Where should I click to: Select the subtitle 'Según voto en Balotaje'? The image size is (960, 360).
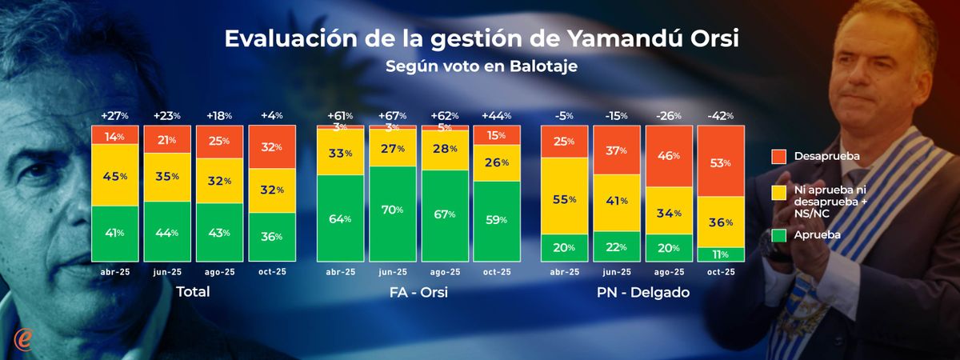tap(481, 66)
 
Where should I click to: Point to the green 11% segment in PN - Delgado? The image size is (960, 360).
tap(720, 254)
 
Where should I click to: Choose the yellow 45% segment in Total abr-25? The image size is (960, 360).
tap(115, 175)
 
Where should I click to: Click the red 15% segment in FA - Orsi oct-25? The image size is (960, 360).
tap(497, 136)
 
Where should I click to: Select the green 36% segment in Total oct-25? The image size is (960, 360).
tap(272, 237)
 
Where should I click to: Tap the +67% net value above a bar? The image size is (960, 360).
tap(392, 116)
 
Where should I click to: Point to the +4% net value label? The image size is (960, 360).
tap(272, 116)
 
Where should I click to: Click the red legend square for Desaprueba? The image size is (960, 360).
tap(779, 156)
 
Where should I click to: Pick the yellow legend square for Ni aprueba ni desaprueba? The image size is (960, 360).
tap(779, 191)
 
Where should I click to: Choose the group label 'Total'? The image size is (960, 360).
tap(193, 292)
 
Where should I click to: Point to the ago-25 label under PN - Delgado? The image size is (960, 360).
tap(669, 272)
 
